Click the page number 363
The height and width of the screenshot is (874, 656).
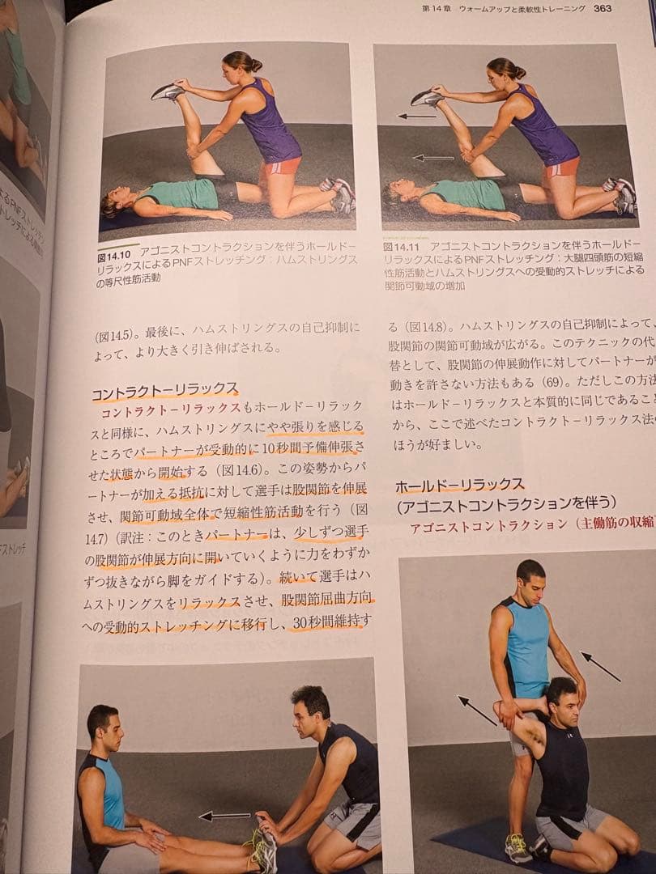pyautogui.click(x=602, y=9)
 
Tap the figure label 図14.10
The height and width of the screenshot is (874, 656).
pyautogui.click(x=117, y=252)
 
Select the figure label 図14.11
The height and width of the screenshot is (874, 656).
pyautogui.click(x=400, y=245)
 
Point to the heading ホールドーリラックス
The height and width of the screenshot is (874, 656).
pyautogui.click(x=459, y=486)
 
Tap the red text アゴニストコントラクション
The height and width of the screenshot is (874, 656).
pyautogui.click(x=488, y=525)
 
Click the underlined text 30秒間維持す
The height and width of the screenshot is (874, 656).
pyautogui.click(x=332, y=622)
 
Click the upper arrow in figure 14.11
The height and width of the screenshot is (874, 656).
pyautogui.click(x=417, y=117)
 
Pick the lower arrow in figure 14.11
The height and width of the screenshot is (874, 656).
pyautogui.click(x=433, y=158)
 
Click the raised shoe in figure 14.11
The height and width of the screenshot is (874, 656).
pyautogui.click(x=426, y=98)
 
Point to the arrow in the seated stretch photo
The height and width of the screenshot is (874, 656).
pyautogui.click(x=224, y=816)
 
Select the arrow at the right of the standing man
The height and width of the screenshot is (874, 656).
pyautogui.click(x=600, y=666)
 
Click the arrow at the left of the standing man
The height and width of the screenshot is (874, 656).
pyautogui.click(x=477, y=710)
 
